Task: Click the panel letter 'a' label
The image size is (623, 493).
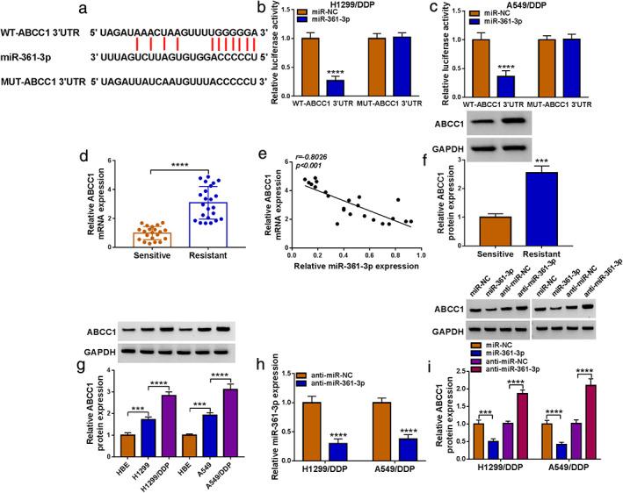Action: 9,9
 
